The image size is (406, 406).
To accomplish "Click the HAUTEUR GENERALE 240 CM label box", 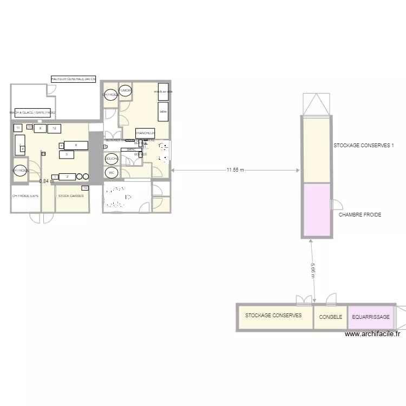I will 73,79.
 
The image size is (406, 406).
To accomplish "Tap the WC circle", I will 112,173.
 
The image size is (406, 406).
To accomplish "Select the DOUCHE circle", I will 112,159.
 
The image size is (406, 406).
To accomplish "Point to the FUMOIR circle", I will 126,91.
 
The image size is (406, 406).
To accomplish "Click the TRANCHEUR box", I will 146,133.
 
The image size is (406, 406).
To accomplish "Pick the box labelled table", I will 163,112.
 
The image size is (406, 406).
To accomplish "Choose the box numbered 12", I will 55,128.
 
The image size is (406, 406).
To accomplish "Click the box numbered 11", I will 18,128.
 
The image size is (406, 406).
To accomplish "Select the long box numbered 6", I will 76,145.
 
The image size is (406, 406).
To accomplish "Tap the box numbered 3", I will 66,154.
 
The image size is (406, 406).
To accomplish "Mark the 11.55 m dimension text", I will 235,170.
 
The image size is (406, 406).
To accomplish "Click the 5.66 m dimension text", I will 313,270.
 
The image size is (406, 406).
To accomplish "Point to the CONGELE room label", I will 330,317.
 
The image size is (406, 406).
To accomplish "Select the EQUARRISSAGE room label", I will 371,317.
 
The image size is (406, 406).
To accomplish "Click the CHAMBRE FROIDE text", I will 360,215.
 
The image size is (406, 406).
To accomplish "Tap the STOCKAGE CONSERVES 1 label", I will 363,146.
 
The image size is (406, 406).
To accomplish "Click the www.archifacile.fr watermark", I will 373,334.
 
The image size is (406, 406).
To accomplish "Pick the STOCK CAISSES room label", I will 71,195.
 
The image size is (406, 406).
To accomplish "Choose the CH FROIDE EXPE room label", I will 25,195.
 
